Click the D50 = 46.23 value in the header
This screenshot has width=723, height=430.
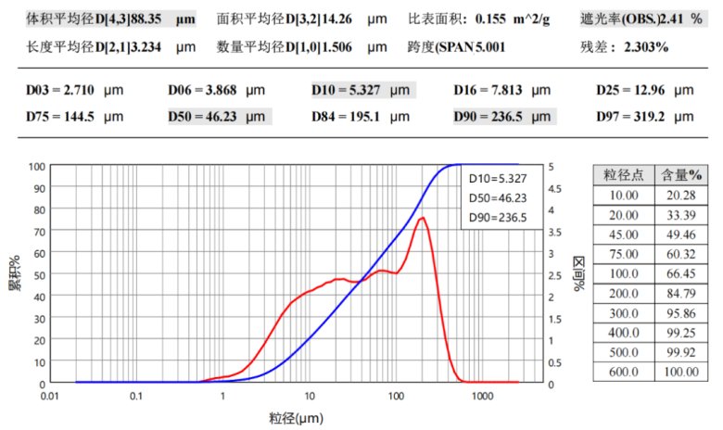pos(219,118)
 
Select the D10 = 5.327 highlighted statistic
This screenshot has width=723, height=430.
pos(363,91)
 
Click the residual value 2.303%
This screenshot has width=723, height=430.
pos(646,45)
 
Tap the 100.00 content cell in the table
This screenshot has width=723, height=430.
pos(681,372)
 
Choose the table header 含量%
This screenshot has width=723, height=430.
pos(681,176)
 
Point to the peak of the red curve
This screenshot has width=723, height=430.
pos(423,218)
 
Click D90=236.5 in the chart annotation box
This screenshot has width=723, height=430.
pos(497,218)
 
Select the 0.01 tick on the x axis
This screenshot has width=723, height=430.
pos(50,396)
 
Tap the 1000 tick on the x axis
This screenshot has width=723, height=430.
pos(482,396)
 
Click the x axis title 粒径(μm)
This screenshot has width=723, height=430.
pos(298,417)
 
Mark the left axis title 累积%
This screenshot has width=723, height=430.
pos(15,273)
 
